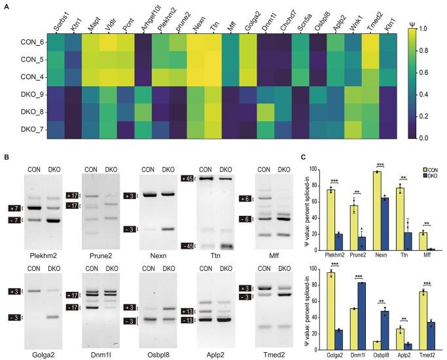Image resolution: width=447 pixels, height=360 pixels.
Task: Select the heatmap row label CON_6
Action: click(x=27, y=41)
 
